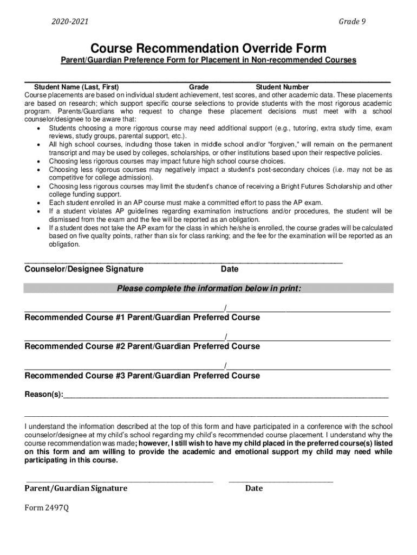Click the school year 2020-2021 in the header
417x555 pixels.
70,22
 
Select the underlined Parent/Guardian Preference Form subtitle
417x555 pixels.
208,60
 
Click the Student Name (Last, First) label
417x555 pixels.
77,87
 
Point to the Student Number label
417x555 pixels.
282,87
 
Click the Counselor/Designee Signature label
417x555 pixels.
84,269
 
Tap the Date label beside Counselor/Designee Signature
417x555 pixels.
230,269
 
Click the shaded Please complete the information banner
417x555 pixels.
208,288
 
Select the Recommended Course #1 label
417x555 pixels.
75,317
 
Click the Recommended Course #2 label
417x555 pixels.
75,346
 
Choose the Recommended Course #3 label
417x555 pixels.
75,375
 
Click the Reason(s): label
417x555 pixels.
43,394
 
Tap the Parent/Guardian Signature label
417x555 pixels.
76,488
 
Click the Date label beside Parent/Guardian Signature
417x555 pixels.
253,488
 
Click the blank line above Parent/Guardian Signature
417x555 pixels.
120,480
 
